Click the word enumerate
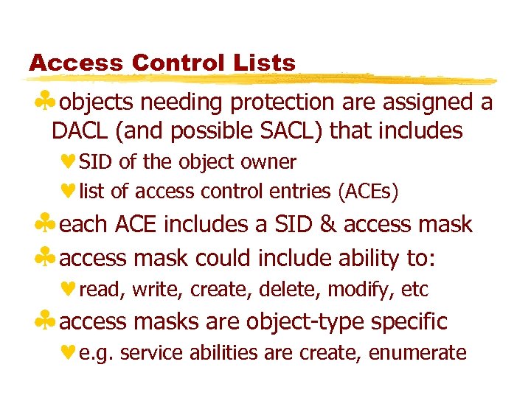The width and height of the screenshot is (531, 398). (x=417, y=353)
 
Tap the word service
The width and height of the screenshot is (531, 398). (x=143, y=353)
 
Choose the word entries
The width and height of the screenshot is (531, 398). (x=302, y=192)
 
